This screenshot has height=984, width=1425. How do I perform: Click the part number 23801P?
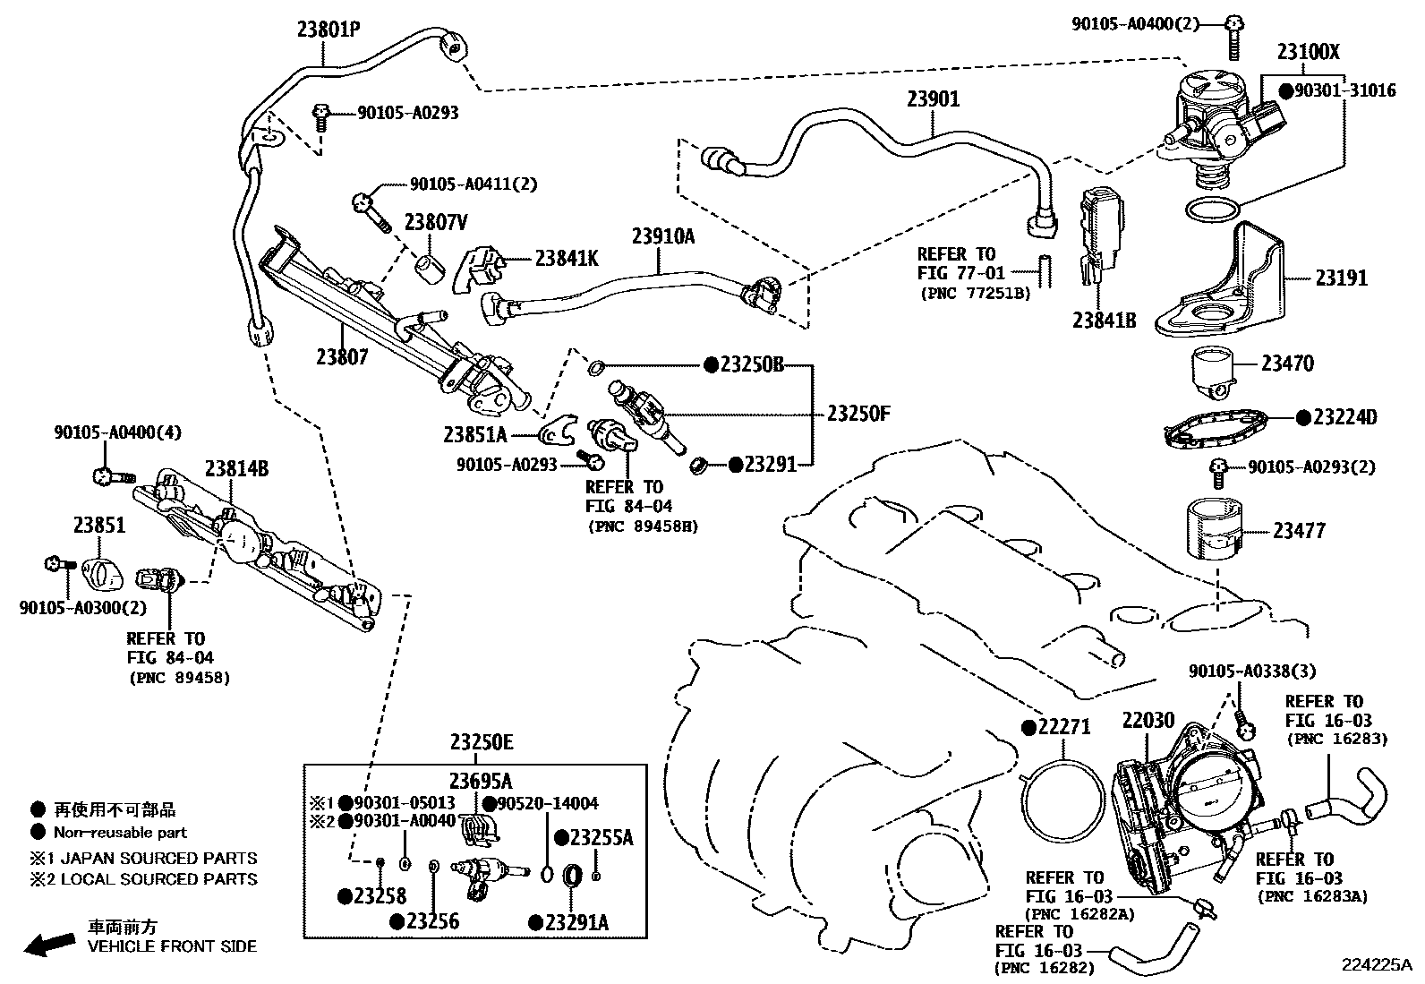pyautogui.click(x=329, y=30)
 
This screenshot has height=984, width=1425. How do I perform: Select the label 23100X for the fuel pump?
pyautogui.click(x=1309, y=52)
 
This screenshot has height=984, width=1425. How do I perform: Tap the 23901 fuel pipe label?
pyautogui.click(x=934, y=99)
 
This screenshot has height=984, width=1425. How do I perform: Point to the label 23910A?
pyautogui.click(x=663, y=236)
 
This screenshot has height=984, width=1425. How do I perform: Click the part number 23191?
pyautogui.click(x=1341, y=278)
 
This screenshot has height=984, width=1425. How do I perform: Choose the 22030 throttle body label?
pyautogui.click(x=1148, y=721)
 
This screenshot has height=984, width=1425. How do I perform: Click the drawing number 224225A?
pyautogui.click(x=1377, y=965)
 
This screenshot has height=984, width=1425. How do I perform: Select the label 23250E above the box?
pyautogui.click(x=482, y=743)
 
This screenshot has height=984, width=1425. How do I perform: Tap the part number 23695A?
pyautogui.click(x=481, y=781)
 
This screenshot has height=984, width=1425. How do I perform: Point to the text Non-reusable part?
pyautogui.click(x=120, y=833)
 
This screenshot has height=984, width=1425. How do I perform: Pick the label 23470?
pyautogui.click(x=1287, y=364)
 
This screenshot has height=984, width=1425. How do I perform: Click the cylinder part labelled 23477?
pyautogui.click(x=1214, y=529)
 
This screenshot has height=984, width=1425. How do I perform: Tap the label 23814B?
pyautogui.click(x=236, y=469)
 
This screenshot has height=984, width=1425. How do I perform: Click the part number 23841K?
pyautogui.click(x=567, y=259)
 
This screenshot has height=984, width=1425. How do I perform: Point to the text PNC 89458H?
pyautogui.click(x=644, y=526)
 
